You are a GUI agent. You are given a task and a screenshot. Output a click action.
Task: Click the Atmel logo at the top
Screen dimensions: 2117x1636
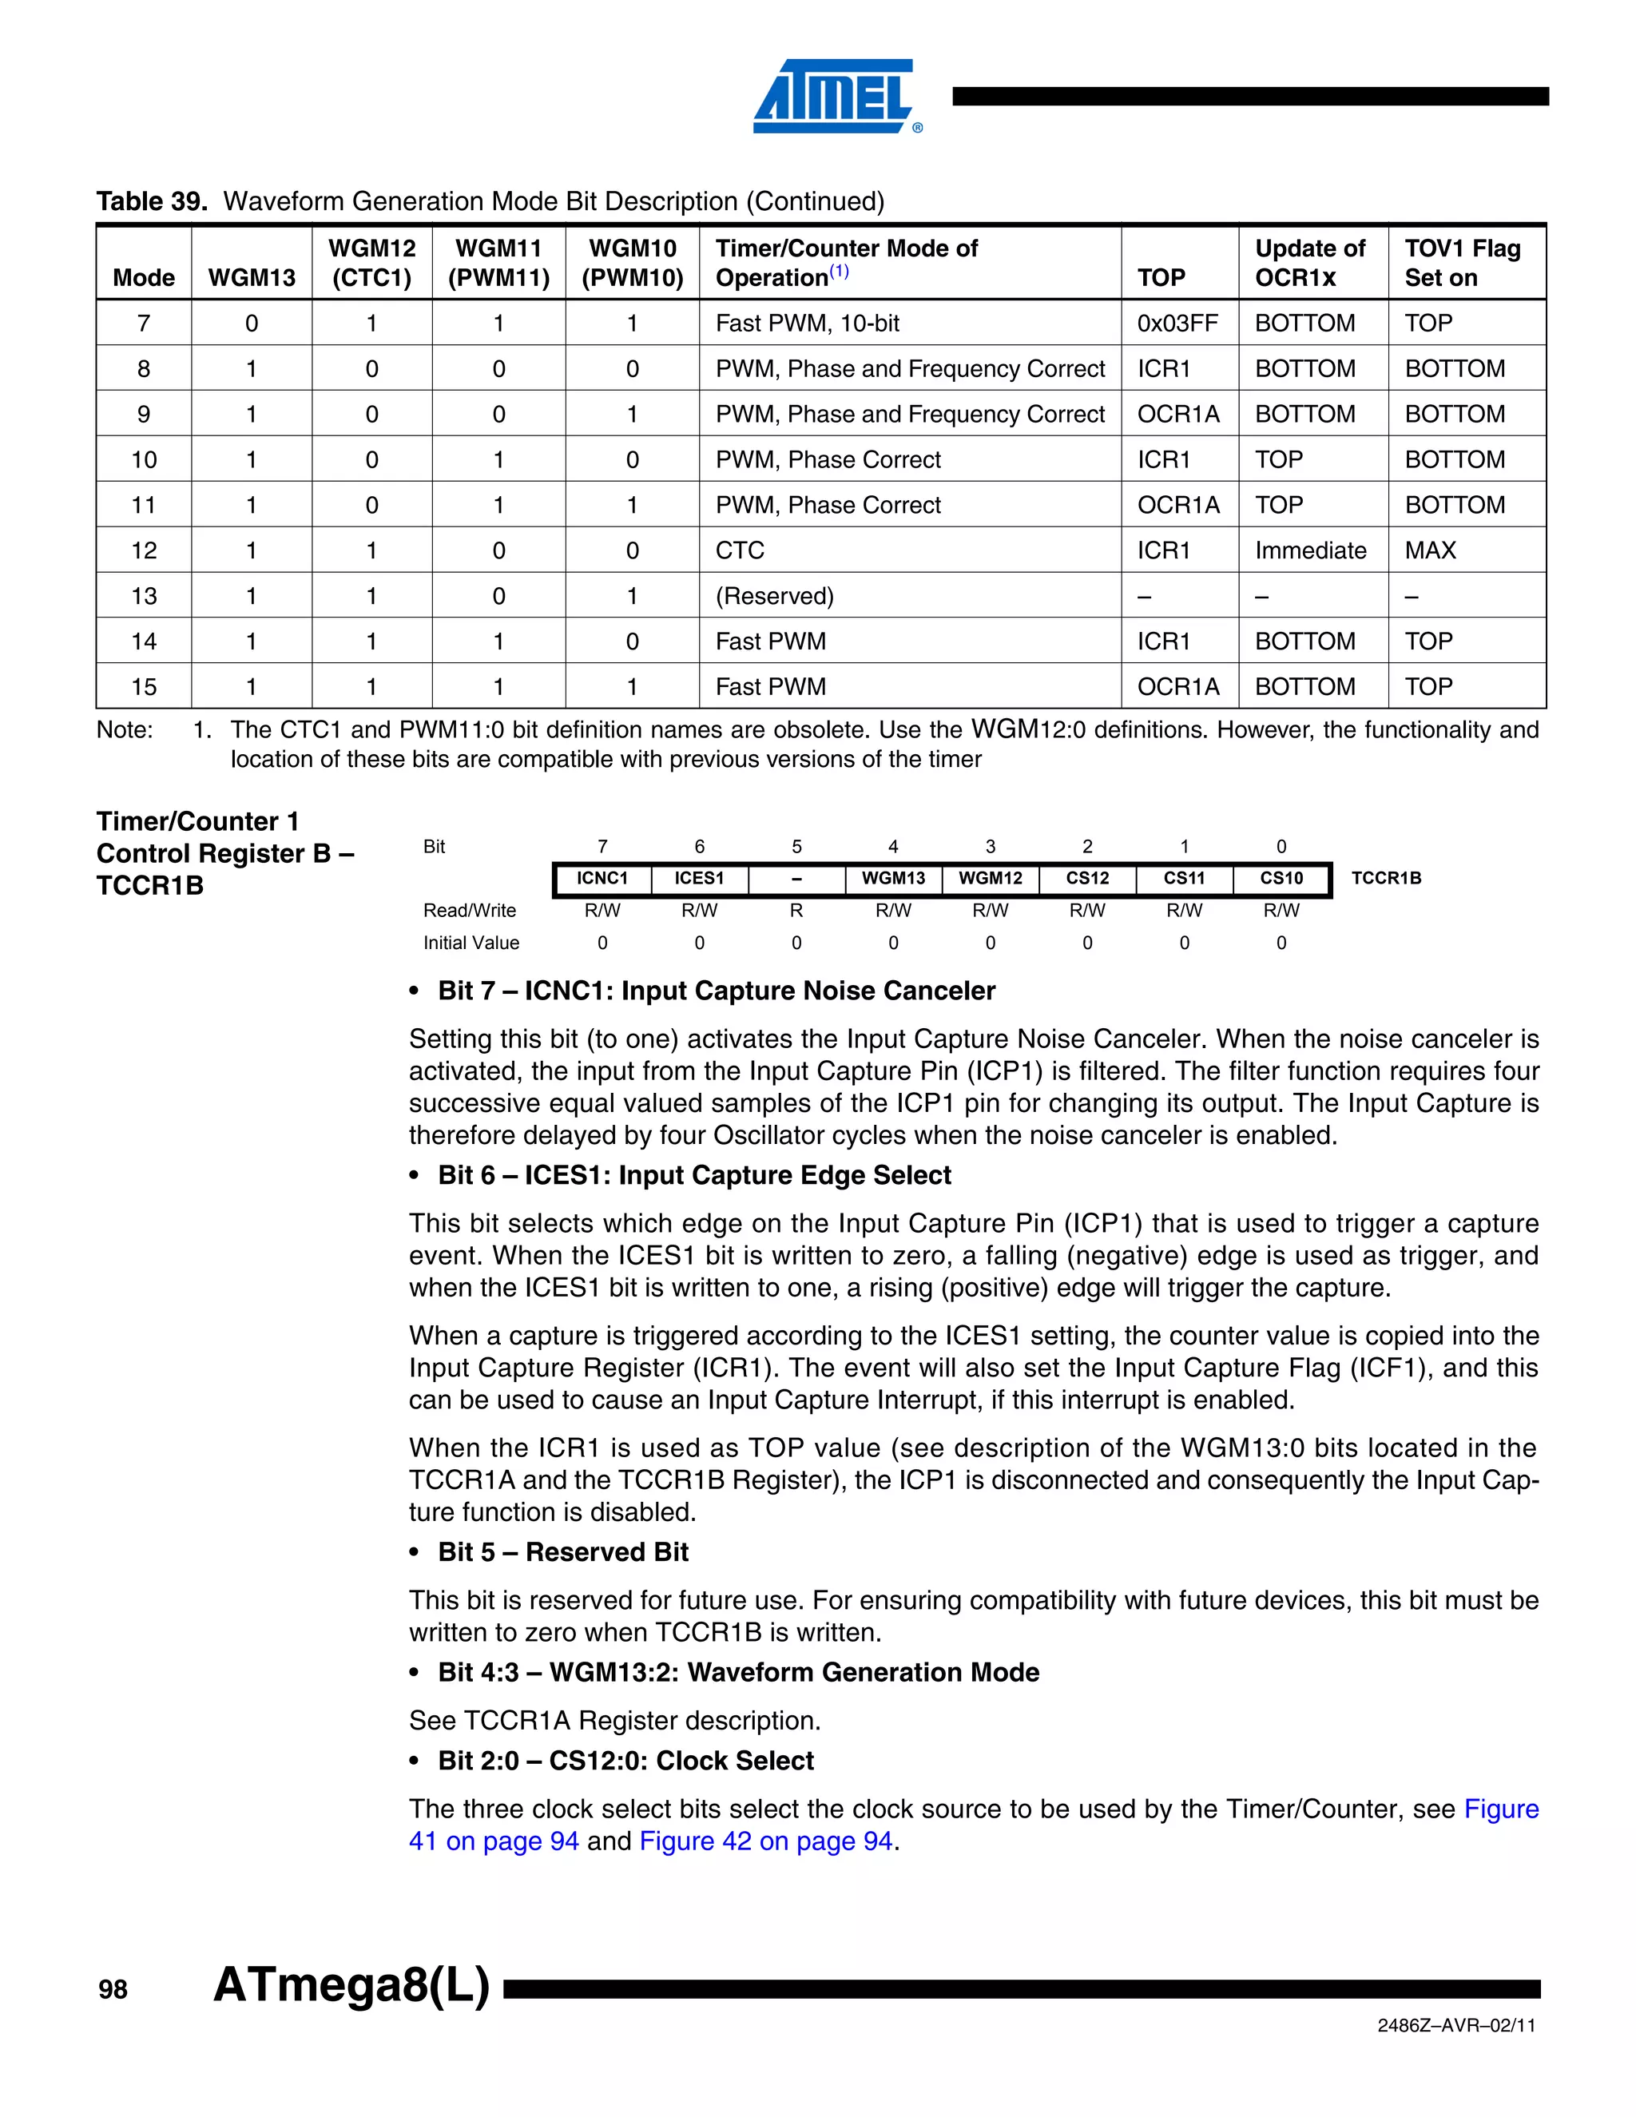[x=836, y=95]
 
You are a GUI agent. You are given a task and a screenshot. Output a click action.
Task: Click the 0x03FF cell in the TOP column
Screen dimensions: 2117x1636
[x=1177, y=323]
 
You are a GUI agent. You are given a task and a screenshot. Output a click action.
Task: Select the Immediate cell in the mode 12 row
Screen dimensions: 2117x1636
[x=1309, y=550]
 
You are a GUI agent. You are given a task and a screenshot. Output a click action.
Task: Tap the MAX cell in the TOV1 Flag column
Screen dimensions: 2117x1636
[x=1430, y=550]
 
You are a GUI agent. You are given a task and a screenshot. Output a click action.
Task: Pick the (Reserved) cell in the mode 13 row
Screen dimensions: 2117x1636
[x=774, y=595]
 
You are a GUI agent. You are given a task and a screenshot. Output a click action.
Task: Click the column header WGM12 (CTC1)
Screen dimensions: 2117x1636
[x=371, y=263]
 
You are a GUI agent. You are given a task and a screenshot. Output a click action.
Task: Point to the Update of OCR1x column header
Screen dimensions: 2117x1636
[x=1309, y=263]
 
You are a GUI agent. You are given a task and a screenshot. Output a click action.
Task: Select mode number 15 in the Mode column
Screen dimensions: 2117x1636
[x=144, y=686]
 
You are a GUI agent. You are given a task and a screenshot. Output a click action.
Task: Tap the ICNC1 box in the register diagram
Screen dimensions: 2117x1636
[x=602, y=878]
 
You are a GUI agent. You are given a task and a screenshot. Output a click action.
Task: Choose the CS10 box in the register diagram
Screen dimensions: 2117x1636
[x=1281, y=878]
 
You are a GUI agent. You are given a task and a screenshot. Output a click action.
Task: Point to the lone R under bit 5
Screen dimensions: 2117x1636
[x=796, y=910]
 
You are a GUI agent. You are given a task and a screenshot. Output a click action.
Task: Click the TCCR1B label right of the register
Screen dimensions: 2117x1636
[x=1385, y=878]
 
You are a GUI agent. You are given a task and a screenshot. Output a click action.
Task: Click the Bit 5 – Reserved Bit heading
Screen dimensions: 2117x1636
[x=562, y=1552]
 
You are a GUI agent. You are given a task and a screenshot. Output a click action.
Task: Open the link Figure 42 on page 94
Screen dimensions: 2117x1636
[x=765, y=1841]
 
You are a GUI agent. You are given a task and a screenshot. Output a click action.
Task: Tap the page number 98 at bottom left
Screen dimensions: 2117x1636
[x=113, y=1990]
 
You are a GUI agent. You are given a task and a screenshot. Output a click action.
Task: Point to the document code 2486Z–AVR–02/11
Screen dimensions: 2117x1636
[x=1455, y=2025]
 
